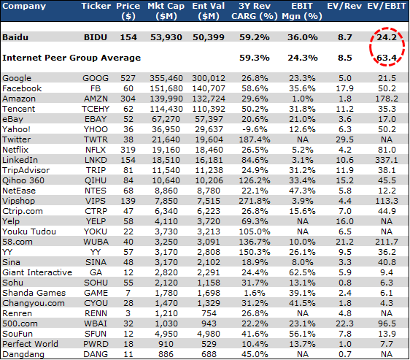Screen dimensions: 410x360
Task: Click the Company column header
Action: [24, 7]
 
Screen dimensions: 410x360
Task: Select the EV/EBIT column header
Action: [386, 6]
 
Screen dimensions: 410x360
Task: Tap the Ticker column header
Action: [96, 6]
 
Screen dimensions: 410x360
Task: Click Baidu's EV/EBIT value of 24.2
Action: [387, 37]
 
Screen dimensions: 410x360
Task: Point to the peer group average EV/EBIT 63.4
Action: [387, 58]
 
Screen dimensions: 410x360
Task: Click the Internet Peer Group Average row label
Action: [71, 58]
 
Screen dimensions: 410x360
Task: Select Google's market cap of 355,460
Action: [166, 78]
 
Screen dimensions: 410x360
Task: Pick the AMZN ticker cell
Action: [96, 99]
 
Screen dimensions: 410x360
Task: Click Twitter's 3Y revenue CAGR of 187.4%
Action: [255, 139]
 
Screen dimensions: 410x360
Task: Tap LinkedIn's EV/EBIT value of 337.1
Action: [387, 160]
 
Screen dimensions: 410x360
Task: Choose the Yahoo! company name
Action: [16, 129]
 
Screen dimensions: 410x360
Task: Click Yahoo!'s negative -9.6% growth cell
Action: [255, 129]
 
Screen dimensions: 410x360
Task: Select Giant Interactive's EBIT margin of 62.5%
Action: [302, 272]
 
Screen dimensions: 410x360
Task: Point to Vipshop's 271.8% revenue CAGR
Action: [255, 201]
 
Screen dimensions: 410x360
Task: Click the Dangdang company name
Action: [23, 354]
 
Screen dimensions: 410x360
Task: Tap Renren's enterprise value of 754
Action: [209, 313]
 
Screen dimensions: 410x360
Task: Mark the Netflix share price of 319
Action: [128, 150]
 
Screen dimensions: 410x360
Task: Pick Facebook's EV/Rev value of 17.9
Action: [344, 88]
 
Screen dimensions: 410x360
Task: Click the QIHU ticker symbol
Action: [96, 180]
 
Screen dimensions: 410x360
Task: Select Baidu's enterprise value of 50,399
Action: [209, 37]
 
